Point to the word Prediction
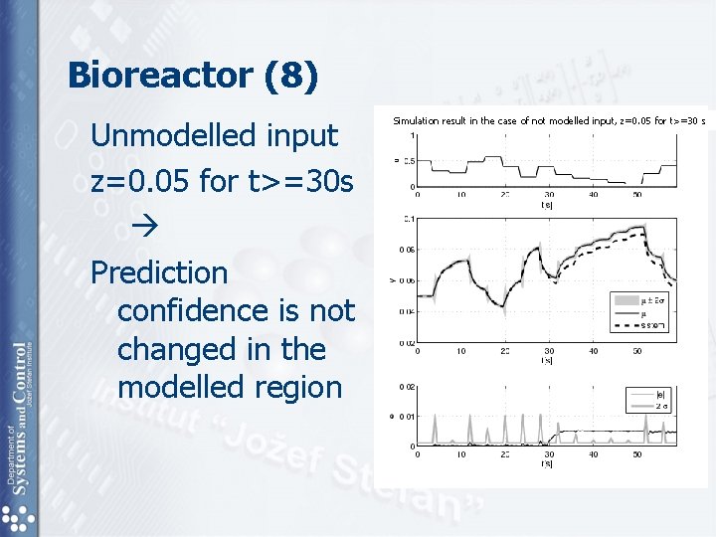point(159,272)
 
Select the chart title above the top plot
point(548,121)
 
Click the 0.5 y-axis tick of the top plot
point(408,161)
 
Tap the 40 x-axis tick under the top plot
point(593,195)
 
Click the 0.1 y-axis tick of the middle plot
point(408,218)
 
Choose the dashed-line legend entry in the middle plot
point(652,325)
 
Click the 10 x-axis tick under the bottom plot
point(461,454)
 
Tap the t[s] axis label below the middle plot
point(547,360)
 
